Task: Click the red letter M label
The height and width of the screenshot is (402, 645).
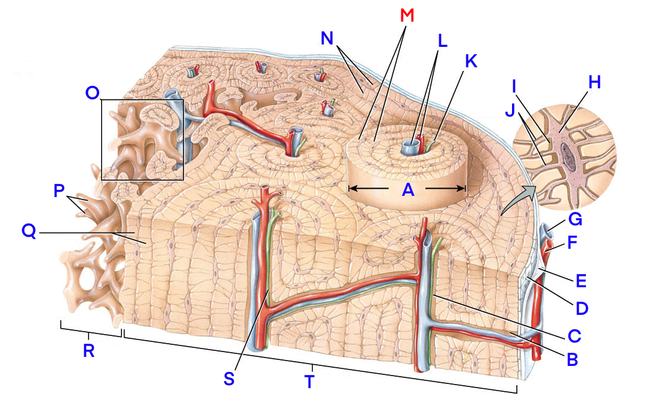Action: (407, 15)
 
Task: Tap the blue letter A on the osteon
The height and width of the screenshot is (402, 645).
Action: (408, 190)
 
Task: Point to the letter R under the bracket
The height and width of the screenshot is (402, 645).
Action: (88, 352)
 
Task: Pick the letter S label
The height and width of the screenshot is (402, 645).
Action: (229, 378)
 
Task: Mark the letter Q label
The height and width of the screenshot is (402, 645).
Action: (28, 231)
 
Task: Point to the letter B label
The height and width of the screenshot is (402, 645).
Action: (572, 359)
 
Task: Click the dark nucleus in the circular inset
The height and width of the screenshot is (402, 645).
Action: (568, 153)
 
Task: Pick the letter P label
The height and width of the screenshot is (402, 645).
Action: (58, 190)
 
